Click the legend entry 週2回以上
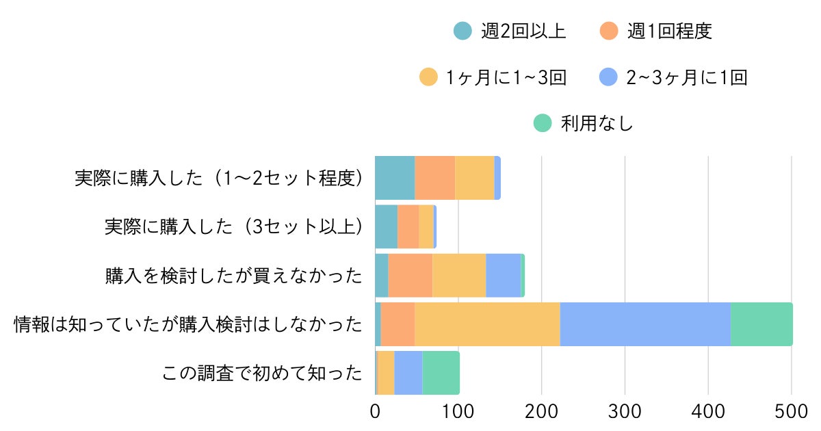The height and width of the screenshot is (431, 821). tap(510, 31)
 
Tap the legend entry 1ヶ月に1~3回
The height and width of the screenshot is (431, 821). tap(493, 77)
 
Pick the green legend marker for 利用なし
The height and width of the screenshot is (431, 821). tap(542, 123)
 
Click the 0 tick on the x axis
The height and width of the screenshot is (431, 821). tap(375, 413)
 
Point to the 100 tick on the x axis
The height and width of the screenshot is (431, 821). tap(458, 413)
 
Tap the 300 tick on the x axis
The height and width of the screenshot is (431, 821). tap(625, 413)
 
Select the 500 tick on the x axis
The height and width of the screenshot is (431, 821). tap(792, 413)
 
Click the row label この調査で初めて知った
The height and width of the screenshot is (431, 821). tap(262, 374)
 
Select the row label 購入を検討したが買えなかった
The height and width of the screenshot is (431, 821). tap(233, 276)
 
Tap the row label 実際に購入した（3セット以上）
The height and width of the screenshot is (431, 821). tap(233, 226)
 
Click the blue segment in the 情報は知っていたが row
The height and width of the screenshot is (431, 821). tap(645, 324)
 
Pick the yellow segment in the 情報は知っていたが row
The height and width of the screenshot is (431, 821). tap(487, 324)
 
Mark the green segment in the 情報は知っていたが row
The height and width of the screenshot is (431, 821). tap(761, 324)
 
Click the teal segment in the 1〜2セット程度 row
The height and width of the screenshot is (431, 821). tap(395, 178)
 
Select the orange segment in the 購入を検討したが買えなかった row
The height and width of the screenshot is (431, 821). tap(410, 276)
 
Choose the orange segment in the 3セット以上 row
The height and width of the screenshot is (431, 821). tap(408, 226)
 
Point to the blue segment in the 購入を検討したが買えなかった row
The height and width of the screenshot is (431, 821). tap(504, 276)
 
